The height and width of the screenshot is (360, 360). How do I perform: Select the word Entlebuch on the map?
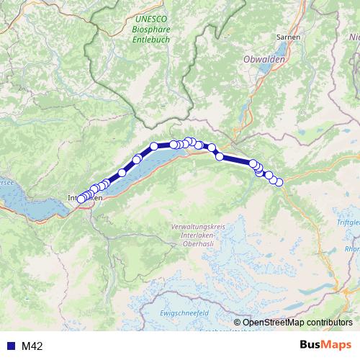tap(150, 40)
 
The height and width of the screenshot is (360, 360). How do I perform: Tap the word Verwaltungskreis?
tap(198, 228)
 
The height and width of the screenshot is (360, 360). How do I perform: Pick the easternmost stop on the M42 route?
tap(279, 181)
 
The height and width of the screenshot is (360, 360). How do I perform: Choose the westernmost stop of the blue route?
tap(80, 199)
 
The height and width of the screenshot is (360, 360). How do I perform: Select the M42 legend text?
tap(32, 346)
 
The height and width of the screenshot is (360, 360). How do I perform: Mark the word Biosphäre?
tap(150, 30)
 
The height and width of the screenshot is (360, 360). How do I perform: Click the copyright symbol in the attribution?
tap(238, 322)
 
